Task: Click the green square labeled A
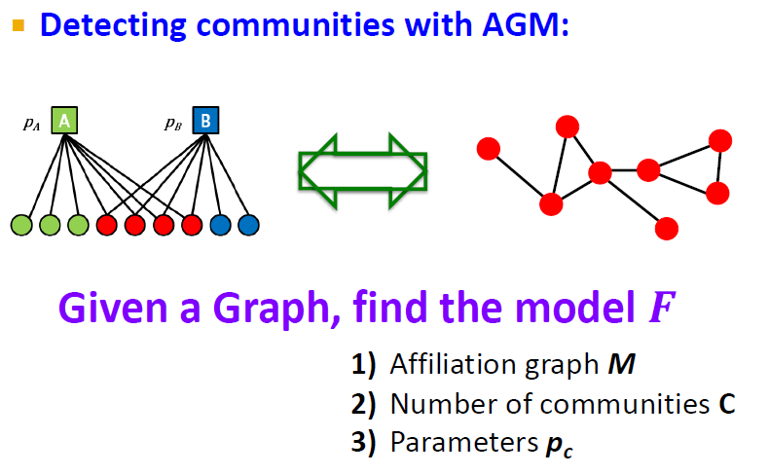[x=64, y=121]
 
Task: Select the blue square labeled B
[x=206, y=121]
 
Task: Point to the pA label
[x=32, y=124]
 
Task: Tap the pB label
[x=174, y=124]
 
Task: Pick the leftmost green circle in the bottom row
[x=21, y=226]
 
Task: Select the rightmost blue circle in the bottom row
[x=248, y=226]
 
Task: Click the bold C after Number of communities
[x=727, y=403]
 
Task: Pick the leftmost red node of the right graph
[x=489, y=148]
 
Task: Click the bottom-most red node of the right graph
[x=667, y=229]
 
